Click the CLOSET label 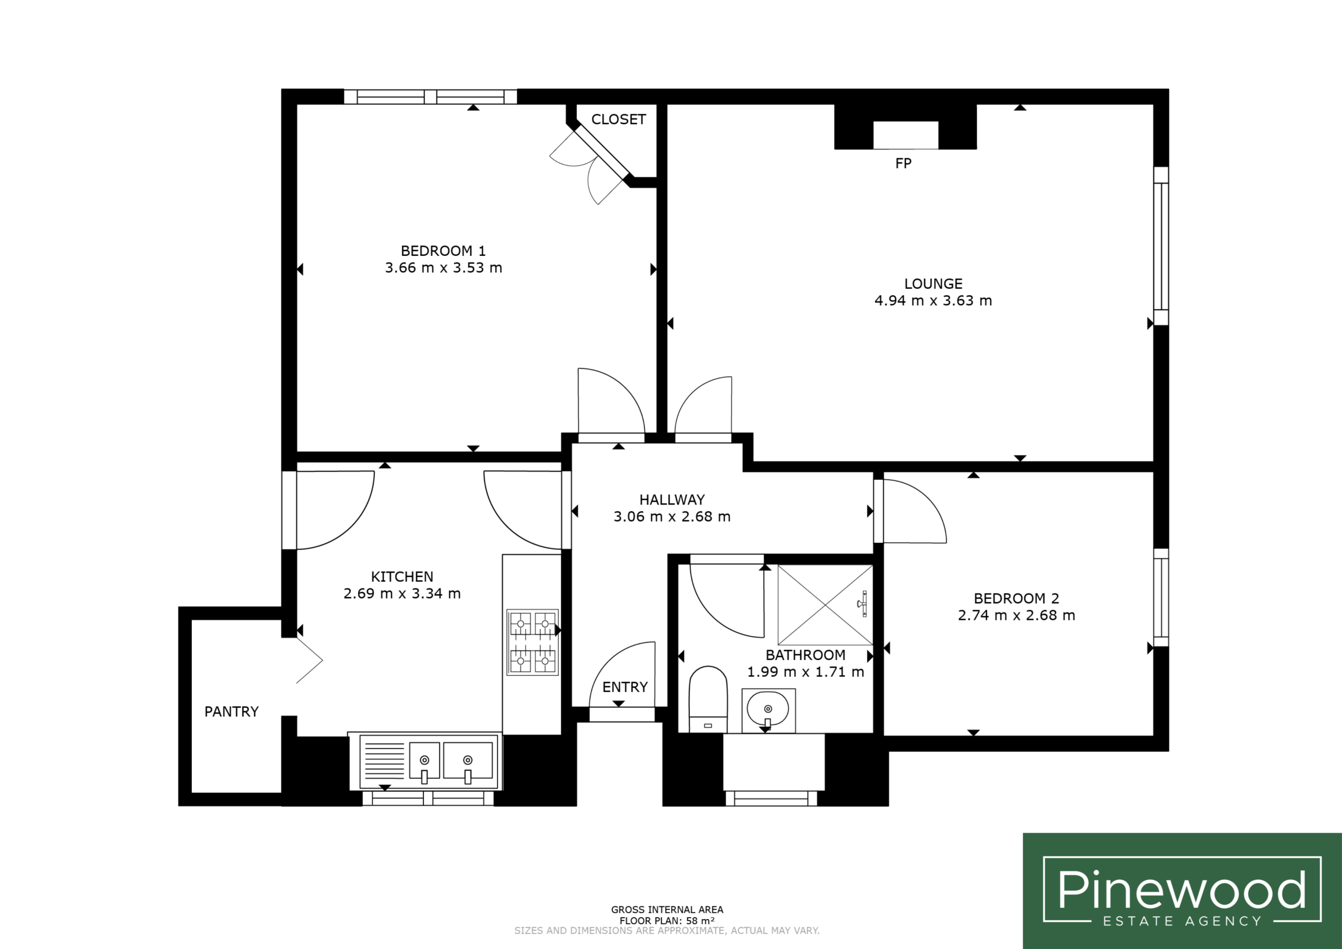pos(619,120)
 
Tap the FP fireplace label pos(903,163)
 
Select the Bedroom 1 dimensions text pos(443,268)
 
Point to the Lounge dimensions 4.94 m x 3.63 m pos(933,300)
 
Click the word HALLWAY pos(672,500)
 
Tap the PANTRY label pos(232,711)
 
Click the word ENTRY pos(625,687)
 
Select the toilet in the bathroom pos(708,699)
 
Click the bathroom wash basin pos(768,710)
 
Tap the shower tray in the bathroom pos(825,605)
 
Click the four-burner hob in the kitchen pos(533,642)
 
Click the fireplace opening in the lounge pos(905,135)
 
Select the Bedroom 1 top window pos(430,96)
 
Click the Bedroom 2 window pos(1161,598)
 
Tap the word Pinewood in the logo pos(1182,890)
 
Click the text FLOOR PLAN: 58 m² pos(667,921)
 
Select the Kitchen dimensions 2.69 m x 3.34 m pos(402,594)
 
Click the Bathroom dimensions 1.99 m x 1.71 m pos(805,672)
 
